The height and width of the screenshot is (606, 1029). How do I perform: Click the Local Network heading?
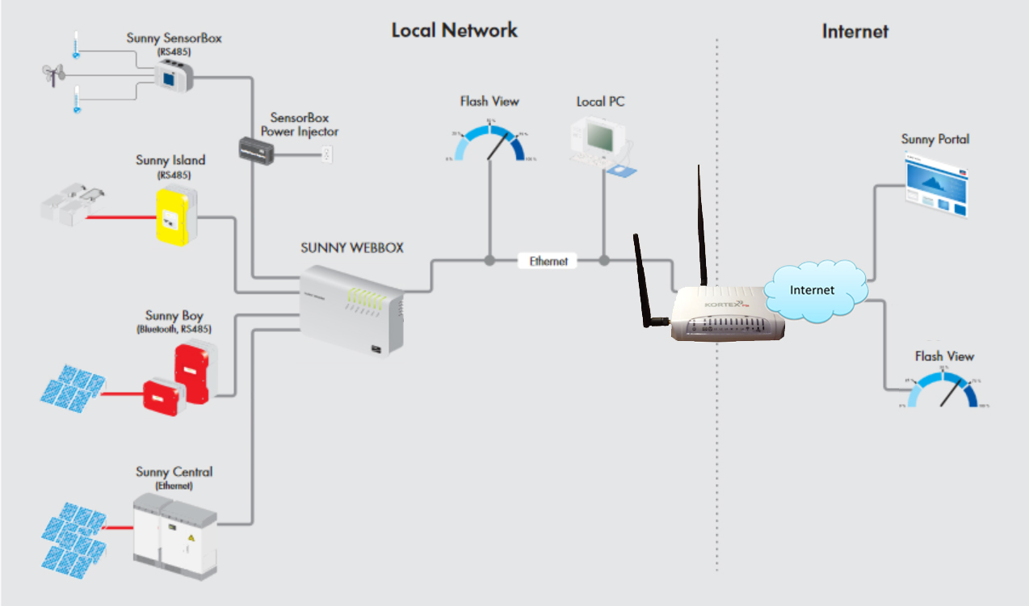click(x=454, y=31)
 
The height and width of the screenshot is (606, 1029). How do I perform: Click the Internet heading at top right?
click(x=855, y=32)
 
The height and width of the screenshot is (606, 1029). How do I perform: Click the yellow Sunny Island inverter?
click(x=175, y=215)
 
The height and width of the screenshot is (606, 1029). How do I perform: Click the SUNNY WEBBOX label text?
click(x=352, y=248)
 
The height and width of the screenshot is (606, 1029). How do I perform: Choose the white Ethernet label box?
click(x=548, y=261)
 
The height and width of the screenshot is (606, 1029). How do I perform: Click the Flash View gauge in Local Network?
click(x=489, y=142)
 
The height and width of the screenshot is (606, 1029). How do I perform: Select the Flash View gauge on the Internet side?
click(x=943, y=389)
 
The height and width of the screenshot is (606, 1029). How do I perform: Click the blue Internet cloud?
click(x=814, y=290)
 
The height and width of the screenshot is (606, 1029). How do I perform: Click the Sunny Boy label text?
click(x=174, y=316)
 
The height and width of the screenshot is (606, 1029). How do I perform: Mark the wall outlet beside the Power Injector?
click(x=327, y=154)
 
